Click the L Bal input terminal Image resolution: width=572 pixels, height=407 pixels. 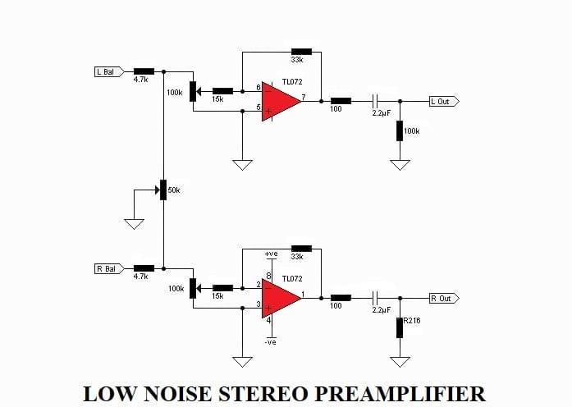(x=109, y=72)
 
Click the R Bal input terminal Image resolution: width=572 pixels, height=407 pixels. (x=109, y=269)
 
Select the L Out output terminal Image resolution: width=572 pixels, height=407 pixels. (x=444, y=102)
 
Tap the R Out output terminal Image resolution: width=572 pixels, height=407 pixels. (x=444, y=299)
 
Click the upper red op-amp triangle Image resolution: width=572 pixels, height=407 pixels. (x=278, y=102)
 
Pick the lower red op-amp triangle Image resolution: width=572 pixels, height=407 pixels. (x=278, y=299)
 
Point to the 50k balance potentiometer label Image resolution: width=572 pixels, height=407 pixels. (x=174, y=190)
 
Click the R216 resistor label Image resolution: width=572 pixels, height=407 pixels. (x=412, y=321)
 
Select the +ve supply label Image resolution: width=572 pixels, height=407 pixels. (x=271, y=254)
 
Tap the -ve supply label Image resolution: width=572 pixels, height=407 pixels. (x=270, y=342)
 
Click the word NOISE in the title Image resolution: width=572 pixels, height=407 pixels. (x=177, y=394)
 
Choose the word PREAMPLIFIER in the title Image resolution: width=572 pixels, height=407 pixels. (x=400, y=394)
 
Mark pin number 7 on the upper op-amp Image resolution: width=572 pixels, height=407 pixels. (x=304, y=97)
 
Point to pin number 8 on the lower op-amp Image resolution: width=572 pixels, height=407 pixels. (x=269, y=276)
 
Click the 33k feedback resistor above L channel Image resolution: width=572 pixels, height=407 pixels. (x=301, y=52)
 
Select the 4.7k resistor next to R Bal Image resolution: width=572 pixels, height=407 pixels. (x=144, y=268)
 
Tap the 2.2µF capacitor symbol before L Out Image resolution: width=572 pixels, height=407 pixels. (x=375, y=101)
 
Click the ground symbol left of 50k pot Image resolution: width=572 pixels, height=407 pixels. (x=134, y=224)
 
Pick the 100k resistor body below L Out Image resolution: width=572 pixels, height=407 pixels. (x=400, y=131)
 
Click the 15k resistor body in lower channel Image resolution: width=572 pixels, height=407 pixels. (x=222, y=288)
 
